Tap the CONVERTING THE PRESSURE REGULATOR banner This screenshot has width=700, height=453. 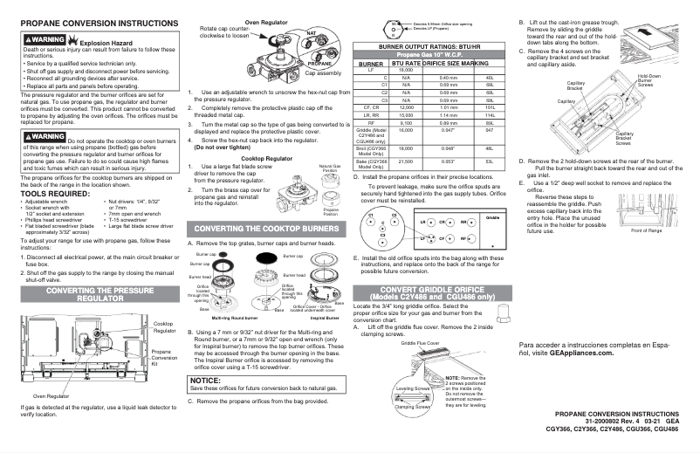click(94, 292)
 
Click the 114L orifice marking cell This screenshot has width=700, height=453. click(490, 114)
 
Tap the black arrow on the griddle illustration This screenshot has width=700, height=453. click(647, 31)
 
